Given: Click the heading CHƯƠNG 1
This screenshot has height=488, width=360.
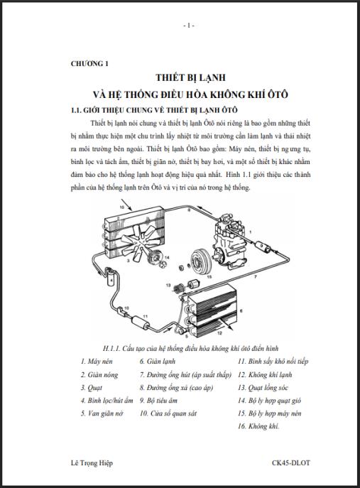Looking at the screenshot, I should click(x=89, y=63).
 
